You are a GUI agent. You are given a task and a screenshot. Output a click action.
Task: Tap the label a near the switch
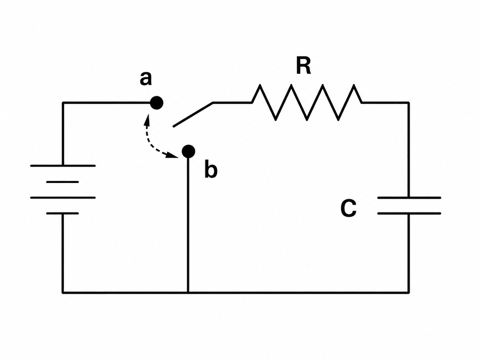click(x=146, y=79)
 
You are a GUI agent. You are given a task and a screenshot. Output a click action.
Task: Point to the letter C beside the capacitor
click(x=349, y=208)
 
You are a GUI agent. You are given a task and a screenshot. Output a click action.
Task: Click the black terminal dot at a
click(x=156, y=103)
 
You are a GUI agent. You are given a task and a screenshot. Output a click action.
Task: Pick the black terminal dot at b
click(x=189, y=151)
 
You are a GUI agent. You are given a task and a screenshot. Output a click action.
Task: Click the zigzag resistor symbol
click(x=307, y=102)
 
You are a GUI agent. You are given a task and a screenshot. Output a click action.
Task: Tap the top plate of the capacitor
click(x=409, y=198)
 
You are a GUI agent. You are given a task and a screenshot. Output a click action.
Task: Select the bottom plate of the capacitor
click(x=409, y=213)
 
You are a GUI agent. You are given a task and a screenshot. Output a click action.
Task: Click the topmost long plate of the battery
click(x=63, y=166)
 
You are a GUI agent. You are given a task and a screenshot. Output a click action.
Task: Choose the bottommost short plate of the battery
click(x=63, y=213)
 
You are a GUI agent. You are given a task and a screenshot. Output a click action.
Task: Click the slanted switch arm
click(x=193, y=114)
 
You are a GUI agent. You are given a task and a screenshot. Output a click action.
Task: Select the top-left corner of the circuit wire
click(x=63, y=102)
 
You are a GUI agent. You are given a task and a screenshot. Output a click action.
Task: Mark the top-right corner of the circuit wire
click(x=408, y=102)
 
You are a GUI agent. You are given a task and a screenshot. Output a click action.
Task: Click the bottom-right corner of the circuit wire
click(x=408, y=292)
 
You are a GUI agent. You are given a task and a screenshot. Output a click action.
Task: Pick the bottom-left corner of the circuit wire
click(x=63, y=292)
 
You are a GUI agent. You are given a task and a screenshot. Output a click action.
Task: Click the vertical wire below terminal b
click(x=188, y=225)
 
